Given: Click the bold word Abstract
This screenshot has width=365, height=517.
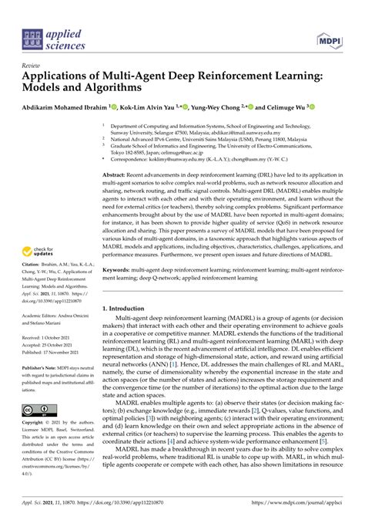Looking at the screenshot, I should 115,176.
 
